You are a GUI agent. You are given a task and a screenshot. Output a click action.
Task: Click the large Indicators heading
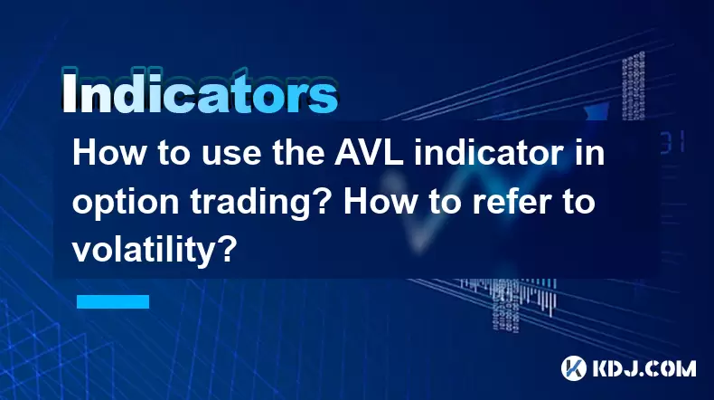click(200, 91)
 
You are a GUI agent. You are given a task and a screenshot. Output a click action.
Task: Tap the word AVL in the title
click(369, 153)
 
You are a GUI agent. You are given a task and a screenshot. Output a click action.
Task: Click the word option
click(126, 202)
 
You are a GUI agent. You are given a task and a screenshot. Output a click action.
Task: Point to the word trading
click(258, 202)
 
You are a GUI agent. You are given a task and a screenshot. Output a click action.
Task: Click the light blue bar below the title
click(113, 301)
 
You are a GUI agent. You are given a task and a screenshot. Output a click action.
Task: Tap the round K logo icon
click(574, 367)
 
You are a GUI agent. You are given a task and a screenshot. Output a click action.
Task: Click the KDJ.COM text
click(644, 368)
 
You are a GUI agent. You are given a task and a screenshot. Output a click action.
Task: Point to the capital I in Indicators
click(69, 92)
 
